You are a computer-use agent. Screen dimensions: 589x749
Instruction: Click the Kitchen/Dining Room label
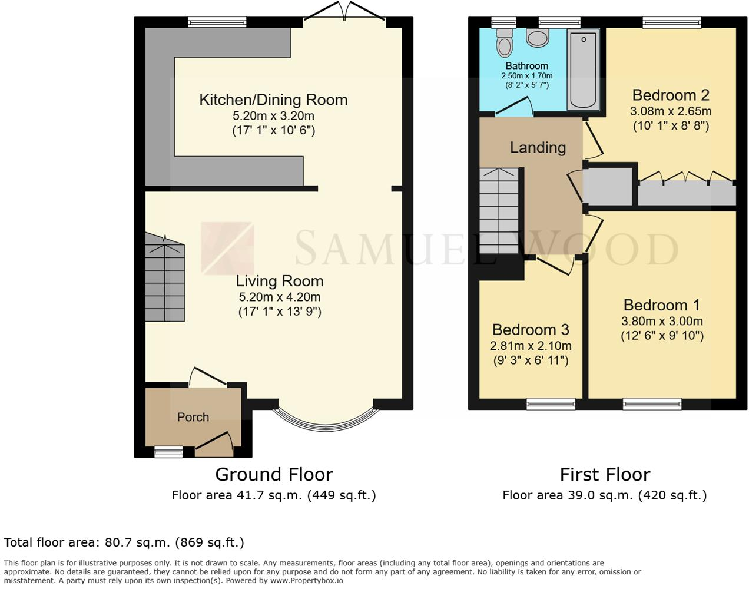tap(273, 100)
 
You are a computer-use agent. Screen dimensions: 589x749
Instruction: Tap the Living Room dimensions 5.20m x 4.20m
tap(280, 297)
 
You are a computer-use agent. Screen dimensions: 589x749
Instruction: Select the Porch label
tap(193, 417)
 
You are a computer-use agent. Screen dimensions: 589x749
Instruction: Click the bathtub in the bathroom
tap(583, 70)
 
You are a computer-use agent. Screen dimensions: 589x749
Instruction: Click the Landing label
tap(538, 147)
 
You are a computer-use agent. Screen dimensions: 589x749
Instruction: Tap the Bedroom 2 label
tap(671, 95)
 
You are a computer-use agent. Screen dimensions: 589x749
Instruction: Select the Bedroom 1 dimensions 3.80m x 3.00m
tap(662, 321)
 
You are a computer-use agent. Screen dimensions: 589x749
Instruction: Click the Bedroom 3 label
tap(531, 330)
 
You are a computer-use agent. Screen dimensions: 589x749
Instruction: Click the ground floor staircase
tap(165, 280)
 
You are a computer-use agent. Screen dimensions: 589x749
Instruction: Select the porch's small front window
tap(168, 452)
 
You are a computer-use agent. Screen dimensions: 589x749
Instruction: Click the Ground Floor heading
tap(274, 474)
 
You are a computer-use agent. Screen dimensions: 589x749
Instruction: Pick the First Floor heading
tap(605, 474)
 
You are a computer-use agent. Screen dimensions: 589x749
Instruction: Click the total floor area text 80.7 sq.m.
tap(124, 542)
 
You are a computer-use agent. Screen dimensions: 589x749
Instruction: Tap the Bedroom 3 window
tap(551, 404)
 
